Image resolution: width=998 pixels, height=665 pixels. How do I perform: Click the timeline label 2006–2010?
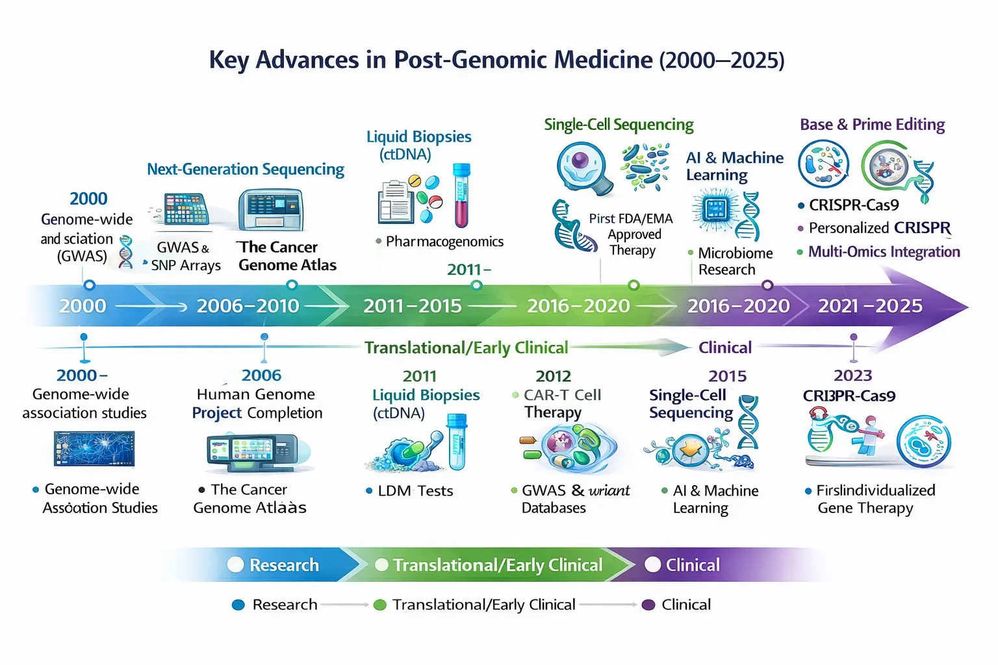(x=248, y=306)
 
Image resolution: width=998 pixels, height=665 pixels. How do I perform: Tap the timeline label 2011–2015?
(x=413, y=306)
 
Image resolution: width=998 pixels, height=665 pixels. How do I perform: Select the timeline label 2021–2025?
(x=870, y=306)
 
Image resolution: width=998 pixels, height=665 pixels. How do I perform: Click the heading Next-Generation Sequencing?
(x=246, y=169)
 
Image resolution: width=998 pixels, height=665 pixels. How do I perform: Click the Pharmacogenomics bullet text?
(x=444, y=242)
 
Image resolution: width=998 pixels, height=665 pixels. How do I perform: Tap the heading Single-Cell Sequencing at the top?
(x=619, y=125)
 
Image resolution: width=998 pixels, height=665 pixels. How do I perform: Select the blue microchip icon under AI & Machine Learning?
(x=715, y=210)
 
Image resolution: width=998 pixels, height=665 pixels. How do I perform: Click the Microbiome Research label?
(x=735, y=261)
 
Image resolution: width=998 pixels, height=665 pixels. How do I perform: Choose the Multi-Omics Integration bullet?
(x=884, y=252)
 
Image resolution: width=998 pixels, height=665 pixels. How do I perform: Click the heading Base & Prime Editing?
(x=872, y=125)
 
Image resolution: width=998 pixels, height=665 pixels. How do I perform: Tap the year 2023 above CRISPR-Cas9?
(x=852, y=375)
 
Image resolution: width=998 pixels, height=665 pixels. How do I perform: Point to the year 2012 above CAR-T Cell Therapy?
(x=553, y=376)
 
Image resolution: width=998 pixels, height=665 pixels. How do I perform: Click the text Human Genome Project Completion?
(x=257, y=403)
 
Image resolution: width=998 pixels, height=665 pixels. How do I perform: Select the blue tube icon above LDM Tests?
(x=457, y=442)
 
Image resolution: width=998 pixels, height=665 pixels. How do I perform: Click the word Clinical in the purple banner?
(x=693, y=565)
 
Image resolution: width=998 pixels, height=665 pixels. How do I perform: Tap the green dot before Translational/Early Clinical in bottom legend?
(x=380, y=605)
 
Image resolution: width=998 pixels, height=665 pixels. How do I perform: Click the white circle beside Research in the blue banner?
(x=235, y=565)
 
